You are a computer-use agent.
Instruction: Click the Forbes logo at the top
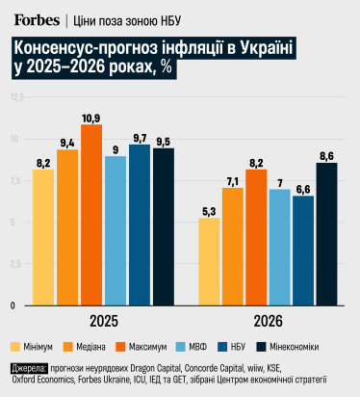[36, 19]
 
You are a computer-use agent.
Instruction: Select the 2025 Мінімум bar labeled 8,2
[43, 237]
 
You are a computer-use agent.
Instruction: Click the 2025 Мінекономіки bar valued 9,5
[164, 226]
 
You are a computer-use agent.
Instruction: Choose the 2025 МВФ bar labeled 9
[116, 230]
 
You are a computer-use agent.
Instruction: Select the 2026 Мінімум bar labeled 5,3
[209, 261]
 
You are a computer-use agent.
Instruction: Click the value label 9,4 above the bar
[67, 143]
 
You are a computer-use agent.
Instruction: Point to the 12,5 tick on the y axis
[14, 98]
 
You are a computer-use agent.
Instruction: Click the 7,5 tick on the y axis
[15, 181]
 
